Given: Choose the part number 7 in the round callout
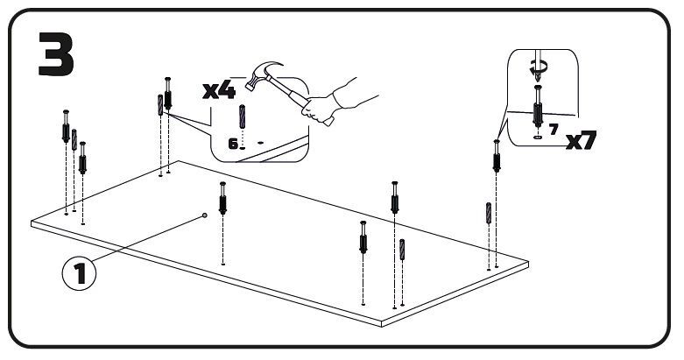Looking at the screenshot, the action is [x=554, y=129].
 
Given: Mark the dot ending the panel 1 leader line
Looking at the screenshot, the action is [x=205, y=213].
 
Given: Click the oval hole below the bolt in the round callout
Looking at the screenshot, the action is [x=536, y=137].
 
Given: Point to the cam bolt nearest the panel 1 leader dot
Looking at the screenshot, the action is [x=224, y=201].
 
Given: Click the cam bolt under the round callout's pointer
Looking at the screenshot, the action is [x=497, y=158].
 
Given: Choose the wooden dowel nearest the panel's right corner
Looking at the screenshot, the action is [x=488, y=215].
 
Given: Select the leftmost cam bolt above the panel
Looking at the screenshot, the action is [x=66, y=128].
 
